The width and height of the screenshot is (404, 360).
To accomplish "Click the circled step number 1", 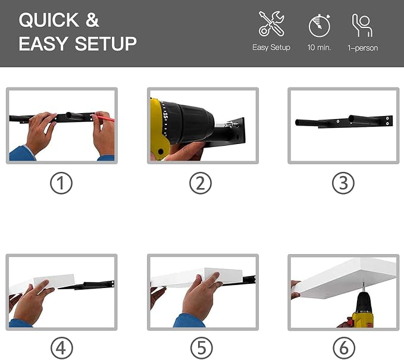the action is point(61,183).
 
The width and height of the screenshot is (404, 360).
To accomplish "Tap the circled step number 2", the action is point(201,183).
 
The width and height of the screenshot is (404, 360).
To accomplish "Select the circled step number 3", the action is point(343,183).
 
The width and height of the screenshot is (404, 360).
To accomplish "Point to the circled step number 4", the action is point(61,348).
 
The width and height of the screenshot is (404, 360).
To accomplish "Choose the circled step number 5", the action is point(202,348).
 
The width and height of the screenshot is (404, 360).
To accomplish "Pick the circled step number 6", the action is point(344,348).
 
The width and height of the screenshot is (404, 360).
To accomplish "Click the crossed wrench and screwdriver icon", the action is point(271,24).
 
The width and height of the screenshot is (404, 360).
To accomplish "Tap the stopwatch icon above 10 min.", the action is point(320,26).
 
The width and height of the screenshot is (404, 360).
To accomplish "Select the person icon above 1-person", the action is point(362,25).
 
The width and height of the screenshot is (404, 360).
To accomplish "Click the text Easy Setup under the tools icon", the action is point(271,48).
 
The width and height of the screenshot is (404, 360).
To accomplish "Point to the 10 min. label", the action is point(320,48).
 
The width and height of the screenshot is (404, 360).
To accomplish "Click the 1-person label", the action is point(363,48).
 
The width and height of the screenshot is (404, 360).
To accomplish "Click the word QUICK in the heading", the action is point(49,20).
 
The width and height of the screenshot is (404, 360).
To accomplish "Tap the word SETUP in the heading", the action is point(106,43).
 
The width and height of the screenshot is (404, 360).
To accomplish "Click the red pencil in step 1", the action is point(105,118).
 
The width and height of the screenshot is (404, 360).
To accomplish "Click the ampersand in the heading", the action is point(92,20).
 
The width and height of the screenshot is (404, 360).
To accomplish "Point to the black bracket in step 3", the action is point(344,121).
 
